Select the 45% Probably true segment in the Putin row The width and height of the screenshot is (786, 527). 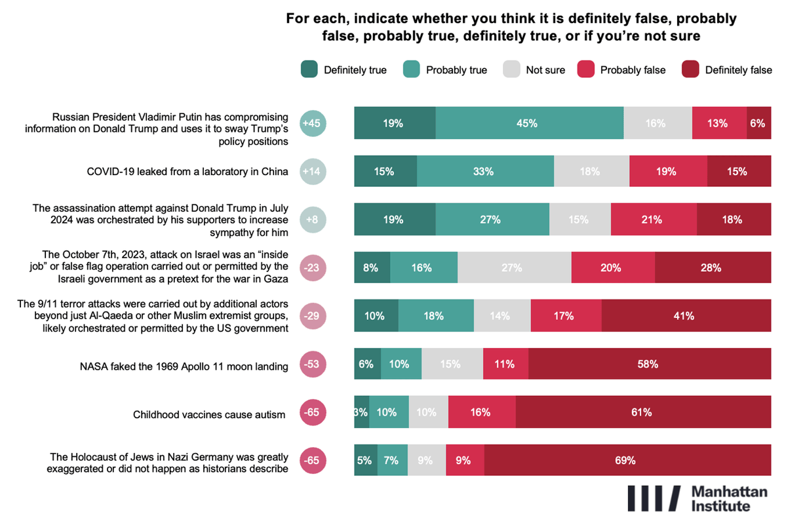point(529,123)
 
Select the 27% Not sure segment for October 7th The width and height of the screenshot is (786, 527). point(514,267)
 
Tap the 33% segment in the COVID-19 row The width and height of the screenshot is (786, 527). point(485,172)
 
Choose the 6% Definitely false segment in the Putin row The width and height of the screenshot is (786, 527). point(758,123)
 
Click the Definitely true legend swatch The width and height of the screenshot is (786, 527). point(309,69)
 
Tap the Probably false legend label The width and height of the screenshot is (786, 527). point(633,70)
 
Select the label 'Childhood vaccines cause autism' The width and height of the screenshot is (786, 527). point(209,414)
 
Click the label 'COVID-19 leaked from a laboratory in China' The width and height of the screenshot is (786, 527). point(187,172)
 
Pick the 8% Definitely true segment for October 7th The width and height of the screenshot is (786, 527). point(372,267)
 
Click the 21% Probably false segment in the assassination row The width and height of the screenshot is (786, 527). point(654,220)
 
